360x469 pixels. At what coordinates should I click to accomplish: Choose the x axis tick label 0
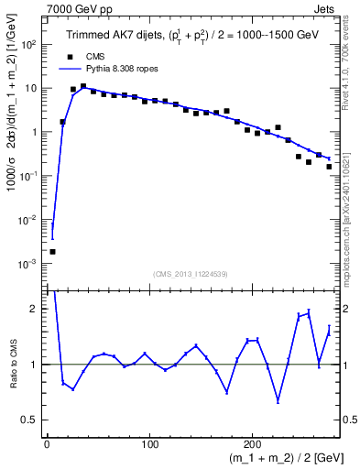47,444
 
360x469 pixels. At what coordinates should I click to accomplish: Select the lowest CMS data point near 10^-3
52,251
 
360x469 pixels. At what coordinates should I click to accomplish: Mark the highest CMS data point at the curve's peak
83,86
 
